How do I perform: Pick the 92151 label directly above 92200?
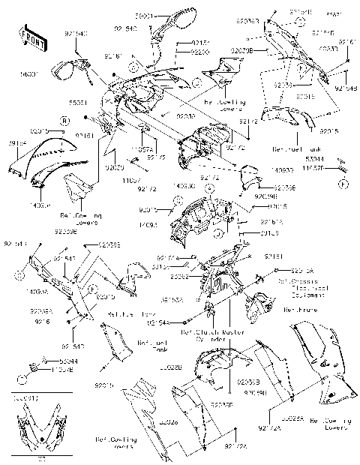pyautogui.click(x=180, y=44)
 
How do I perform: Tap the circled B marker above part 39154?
pyautogui.click(x=64, y=120)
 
